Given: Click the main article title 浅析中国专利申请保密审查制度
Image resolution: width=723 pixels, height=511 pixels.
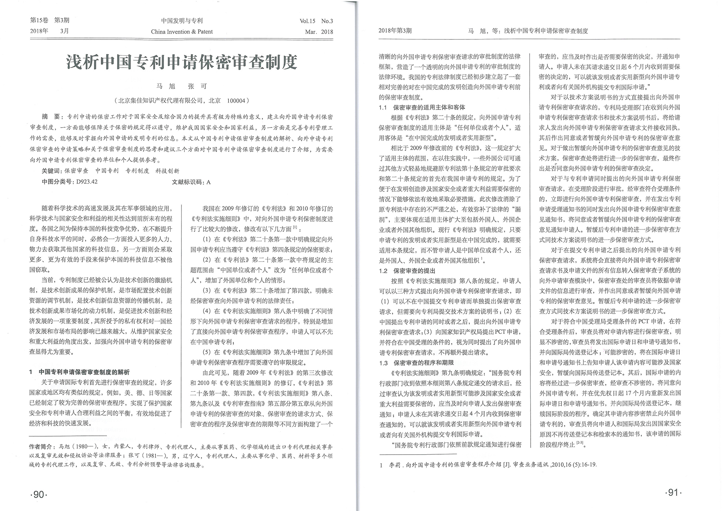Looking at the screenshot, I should click(x=181, y=62).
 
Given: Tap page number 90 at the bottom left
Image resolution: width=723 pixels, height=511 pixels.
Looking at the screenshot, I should click(x=39, y=494).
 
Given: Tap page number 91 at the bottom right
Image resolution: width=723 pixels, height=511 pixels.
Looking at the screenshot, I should click(x=673, y=493).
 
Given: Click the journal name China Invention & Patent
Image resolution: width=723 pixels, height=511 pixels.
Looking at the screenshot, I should click(x=181, y=31).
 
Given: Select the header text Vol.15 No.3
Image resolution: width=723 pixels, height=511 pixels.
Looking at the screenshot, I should click(x=316, y=21).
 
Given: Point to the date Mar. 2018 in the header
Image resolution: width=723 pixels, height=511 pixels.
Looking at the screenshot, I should click(x=319, y=31).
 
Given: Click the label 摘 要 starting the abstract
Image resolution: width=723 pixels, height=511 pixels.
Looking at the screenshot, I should click(x=51, y=117).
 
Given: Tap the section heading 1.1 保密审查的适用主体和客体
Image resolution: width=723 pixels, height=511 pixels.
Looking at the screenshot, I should click(x=422, y=107).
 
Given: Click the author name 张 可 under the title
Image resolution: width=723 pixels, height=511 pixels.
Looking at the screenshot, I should click(x=197, y=86).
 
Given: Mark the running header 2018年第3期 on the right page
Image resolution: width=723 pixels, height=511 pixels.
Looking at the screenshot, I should click(x=395, y=31).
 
